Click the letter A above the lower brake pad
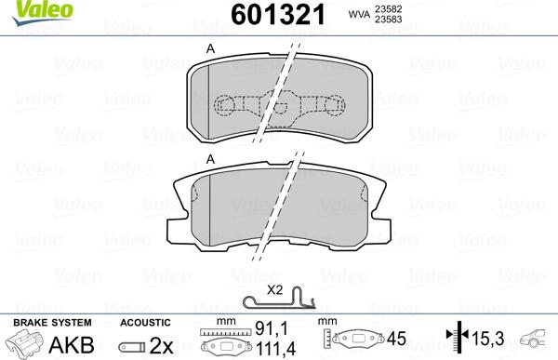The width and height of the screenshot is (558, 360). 211,160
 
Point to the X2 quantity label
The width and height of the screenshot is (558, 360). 275,289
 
